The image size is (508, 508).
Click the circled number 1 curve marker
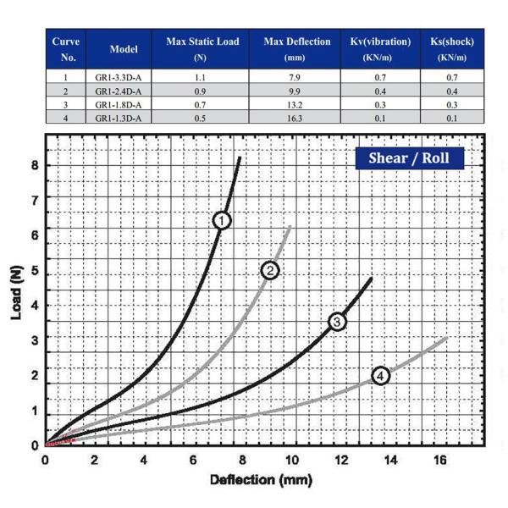pos(222,220)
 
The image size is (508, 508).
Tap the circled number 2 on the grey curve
pos(270,270)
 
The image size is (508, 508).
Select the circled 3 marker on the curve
pos(337,322)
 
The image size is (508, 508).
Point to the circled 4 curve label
pos(381,375)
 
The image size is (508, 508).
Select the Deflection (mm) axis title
pos(248,481)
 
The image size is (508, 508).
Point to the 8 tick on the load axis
pos(35,165)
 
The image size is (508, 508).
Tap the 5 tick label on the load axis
pos(35,270)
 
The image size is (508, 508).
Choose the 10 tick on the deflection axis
pos(292,461)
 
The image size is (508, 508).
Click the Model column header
pos(124,48)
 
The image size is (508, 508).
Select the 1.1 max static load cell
pos(200,77)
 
